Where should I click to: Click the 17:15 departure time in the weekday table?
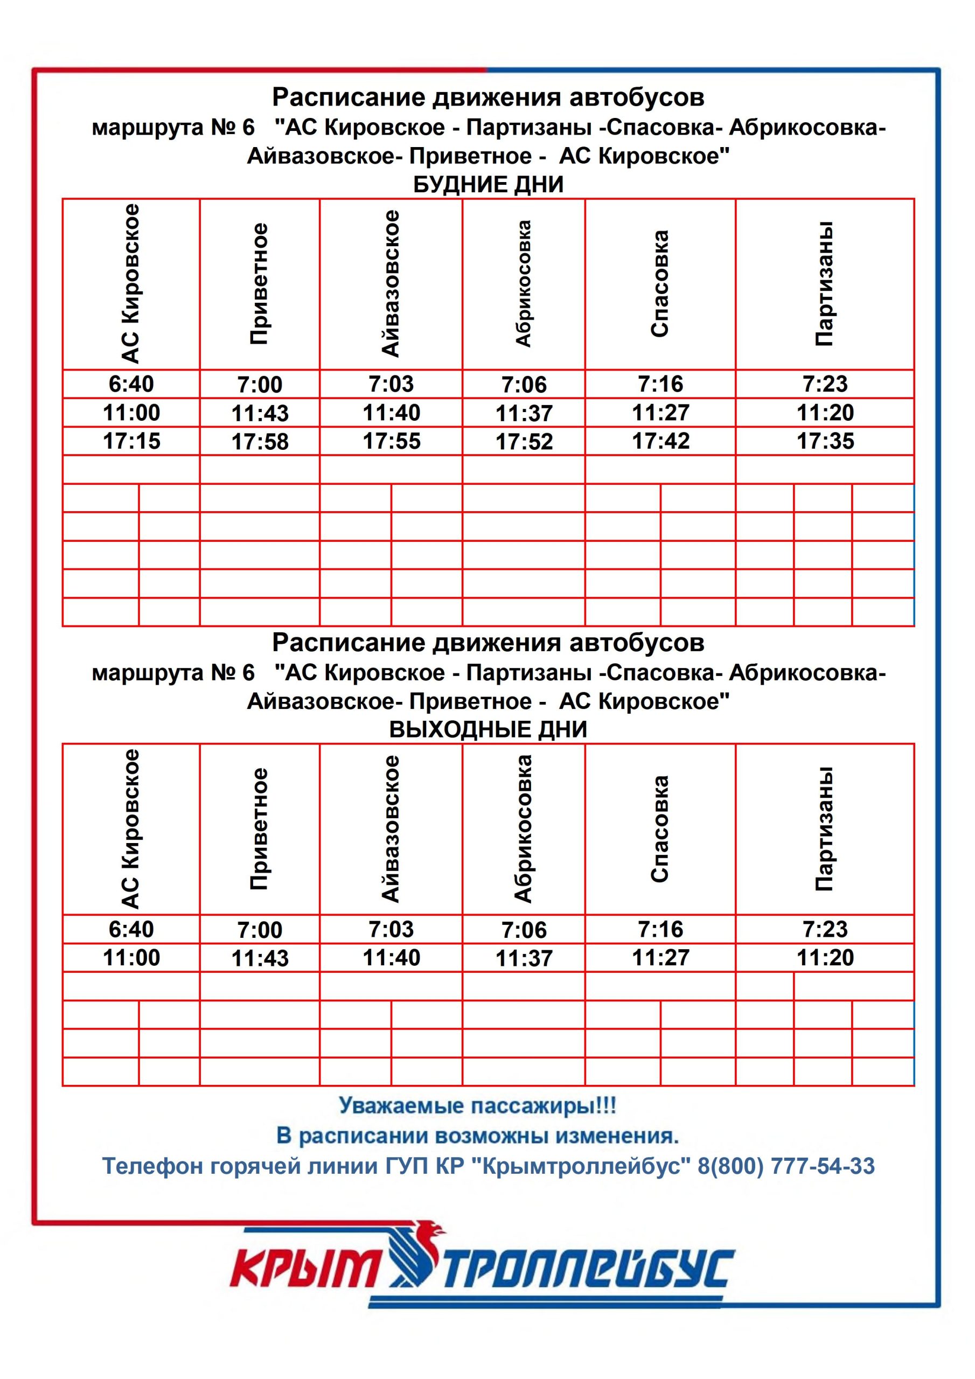[x=131, y=441]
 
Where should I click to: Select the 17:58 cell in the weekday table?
[x=260, y=442]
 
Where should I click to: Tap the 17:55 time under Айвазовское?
[x=391, y=441]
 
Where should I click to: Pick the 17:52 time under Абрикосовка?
[x=524, y=442]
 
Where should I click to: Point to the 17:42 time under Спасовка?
[x=660, y=441]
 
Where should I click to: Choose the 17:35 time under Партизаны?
[x=825, y=441]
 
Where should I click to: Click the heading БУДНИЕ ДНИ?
[x=488, y=184]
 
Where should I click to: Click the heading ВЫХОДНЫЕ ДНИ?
[x=488, y=729]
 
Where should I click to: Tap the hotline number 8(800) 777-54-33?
[x=786, y=1166]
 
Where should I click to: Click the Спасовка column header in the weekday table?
[x=660, y=283]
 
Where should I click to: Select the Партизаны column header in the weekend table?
[x=824, y=829]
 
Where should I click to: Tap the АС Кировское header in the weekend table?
[x=131, y=829]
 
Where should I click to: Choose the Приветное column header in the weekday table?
[x=259, y=283]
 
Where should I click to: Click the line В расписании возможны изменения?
[x=478, y=1136]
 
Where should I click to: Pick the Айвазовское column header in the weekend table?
[x=391, y=829]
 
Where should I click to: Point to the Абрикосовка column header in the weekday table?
[x=523, y=283]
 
